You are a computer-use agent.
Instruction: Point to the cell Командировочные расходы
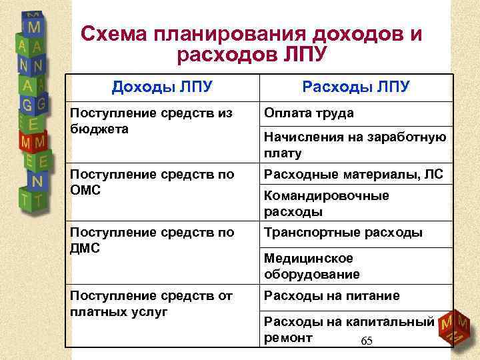326,204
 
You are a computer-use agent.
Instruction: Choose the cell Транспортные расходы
343,233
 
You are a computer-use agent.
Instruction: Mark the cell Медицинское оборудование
311,266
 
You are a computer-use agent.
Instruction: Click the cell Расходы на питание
331,295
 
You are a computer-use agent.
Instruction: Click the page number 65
366,341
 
